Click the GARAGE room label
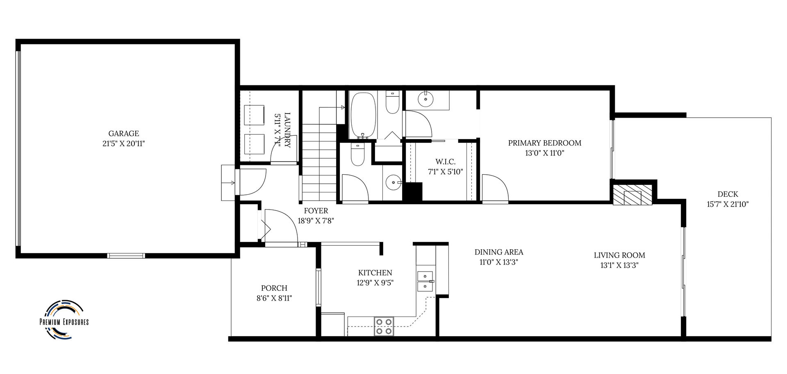tap(123, 134)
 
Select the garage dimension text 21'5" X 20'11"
tap(123, 144)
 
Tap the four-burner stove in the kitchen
tap(384, 326)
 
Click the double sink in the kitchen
tap(425, 281)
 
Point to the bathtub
tap(362, 115)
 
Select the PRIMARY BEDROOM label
tap(545, 143)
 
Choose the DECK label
tap(728, 194)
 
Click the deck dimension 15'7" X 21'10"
tap(728, 204)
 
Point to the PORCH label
tap(274, 288)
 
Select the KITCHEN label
tap(375, 273)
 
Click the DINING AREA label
tap(499, 252)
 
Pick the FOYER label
tap(316, 211)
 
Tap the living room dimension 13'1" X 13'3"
tap(619, 265)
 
